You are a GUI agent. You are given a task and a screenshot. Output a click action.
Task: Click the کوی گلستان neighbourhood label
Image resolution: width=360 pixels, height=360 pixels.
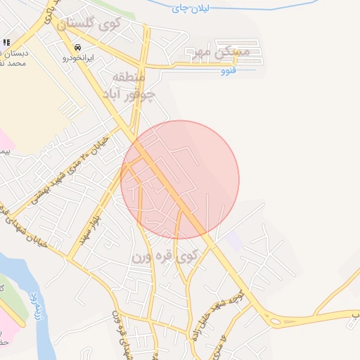[90, 23]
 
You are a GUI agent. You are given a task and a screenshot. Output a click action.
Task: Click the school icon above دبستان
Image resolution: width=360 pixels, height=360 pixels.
[6, 43]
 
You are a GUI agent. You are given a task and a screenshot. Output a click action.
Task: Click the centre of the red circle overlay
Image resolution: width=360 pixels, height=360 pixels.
[180, 180]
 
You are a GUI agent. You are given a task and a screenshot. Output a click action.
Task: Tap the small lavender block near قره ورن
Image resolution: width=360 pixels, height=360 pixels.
[234, 242]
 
